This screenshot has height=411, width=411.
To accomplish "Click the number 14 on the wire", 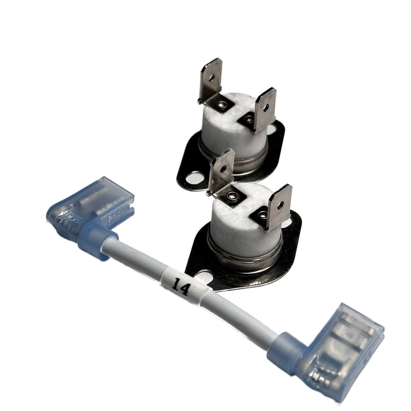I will pos(181,284).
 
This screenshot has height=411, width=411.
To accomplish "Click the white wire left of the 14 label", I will pos(139,262).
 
